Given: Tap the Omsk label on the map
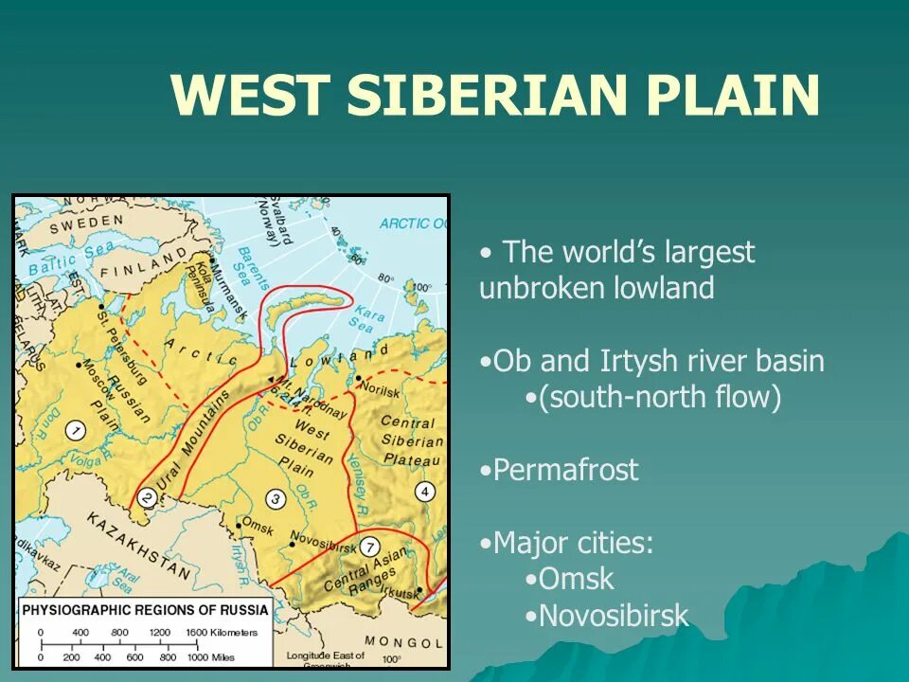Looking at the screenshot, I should (x=258, y=522).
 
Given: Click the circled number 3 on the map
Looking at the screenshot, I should (x=276, y=499).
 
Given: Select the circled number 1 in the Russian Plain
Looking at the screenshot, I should (x=74, y=431).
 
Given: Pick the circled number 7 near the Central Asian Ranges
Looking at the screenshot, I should (x=370, y=547).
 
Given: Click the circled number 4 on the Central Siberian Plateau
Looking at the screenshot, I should (x=425, y=491).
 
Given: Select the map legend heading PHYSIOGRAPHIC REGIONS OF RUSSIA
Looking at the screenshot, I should (x=145, y=609).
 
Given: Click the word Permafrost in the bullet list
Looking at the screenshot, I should (x=565, y=471).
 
